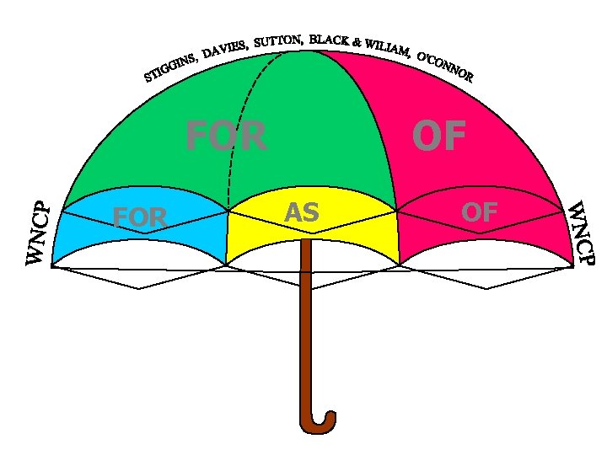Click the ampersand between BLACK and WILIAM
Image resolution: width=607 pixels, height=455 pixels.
click(357, 41)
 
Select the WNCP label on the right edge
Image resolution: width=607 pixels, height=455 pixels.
click(580, 232)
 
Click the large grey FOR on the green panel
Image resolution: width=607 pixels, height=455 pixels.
click(226, 136)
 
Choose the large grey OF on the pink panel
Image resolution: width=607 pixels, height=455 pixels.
click(438, 136)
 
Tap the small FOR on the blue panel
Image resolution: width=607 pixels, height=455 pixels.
click(140, 218)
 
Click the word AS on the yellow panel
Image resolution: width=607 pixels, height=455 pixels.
click(302, 213)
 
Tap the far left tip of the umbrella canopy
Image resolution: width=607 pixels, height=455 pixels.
click(52, 266)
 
